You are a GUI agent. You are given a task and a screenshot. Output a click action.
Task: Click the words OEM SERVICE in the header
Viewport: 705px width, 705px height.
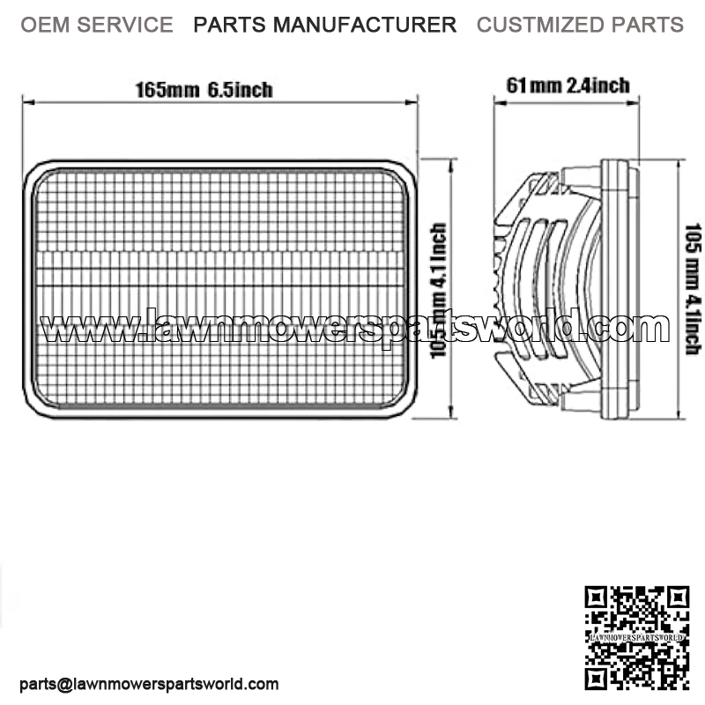pyautogui.click(x=97, y=25)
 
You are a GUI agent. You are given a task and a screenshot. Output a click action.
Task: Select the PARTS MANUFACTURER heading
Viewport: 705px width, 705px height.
pyautogui.click(x=325, y=25)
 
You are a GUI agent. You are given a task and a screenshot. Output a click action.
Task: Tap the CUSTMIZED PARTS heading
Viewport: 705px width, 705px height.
pyautogui.click(x=580, y=25)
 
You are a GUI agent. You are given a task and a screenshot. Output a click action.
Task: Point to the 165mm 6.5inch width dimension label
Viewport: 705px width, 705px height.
pyautogui.click(x=204, y=89)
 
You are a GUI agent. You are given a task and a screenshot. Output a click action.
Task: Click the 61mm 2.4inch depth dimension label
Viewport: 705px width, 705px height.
pyautogui.click(x=568, y=85)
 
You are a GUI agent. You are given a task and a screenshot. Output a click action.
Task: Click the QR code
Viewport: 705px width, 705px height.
pyautogui.click(x=636, y=637)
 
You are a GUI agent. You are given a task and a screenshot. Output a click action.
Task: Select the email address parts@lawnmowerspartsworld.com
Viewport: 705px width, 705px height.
pyautogui.click(x=149, y=684)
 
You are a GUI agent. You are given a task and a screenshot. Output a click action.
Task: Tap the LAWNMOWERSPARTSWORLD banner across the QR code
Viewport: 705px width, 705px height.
pyautogui.click(x=636, y=635)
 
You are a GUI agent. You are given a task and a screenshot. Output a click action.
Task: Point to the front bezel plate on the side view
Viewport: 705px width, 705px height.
pyautogui.click(x=620, y=287)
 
